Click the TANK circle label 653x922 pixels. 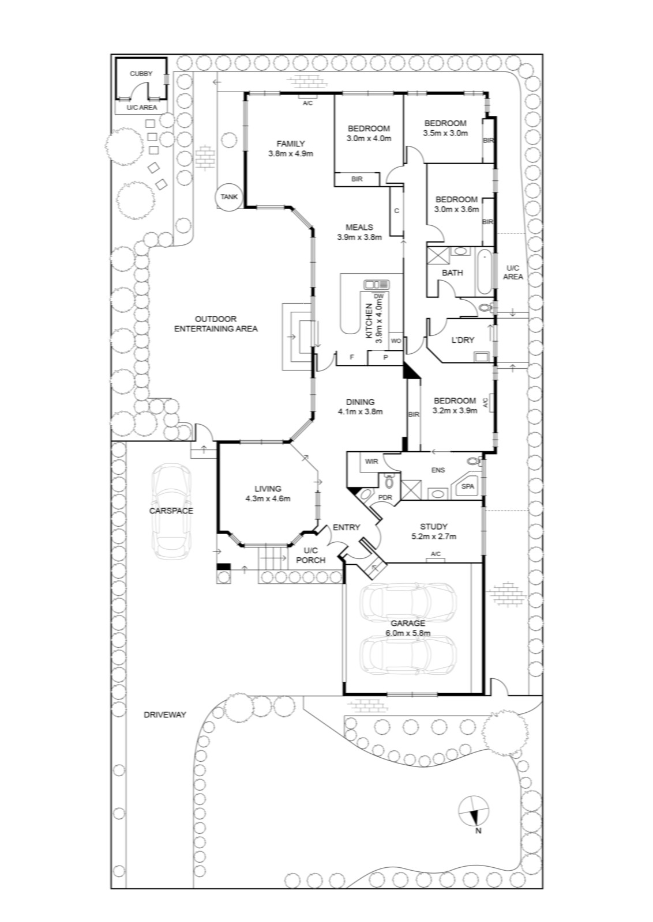pyautogui.click(x=229, y=197)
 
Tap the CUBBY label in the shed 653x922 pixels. pyautogui.click(x=141, y=74)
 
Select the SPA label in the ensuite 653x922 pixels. pyautogui.click(x=468, y=486)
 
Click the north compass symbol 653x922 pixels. pyautogui.click(x=474, y=810)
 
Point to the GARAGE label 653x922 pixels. pyautogui.click(x=408, y=623)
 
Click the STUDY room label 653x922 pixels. pyautogui.click(x=434, y=527)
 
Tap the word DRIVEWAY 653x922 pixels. pyautogui.click(x=165, y=715)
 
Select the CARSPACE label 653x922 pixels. pyautogui.click(x=171, y=511)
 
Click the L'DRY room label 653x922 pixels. pyautogui.click(x=463, y=340)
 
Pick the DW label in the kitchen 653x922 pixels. pyautogui.click(x=378, y=296)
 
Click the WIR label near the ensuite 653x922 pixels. pyautogui.click(x=371, y=462)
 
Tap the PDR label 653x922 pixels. pyautogui.click(x=385, y=498)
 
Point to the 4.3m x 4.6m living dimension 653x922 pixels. pyautogui.click(x=268, y=499)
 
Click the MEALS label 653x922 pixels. pyautogui.click(x=359, y=227)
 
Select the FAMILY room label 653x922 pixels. pyautogui.click(x=291, y=143)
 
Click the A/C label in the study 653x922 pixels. pyautogui.click(x=436, y=554)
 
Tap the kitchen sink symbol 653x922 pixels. pyautogui.click(x=377, y=285)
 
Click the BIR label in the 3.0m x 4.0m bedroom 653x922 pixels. pyautogui.click(x=357, y=179)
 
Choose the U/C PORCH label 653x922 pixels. pyautogui.click(x=311, y=556)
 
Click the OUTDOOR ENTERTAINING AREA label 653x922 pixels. pyautogui.click(x=216, y=324)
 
